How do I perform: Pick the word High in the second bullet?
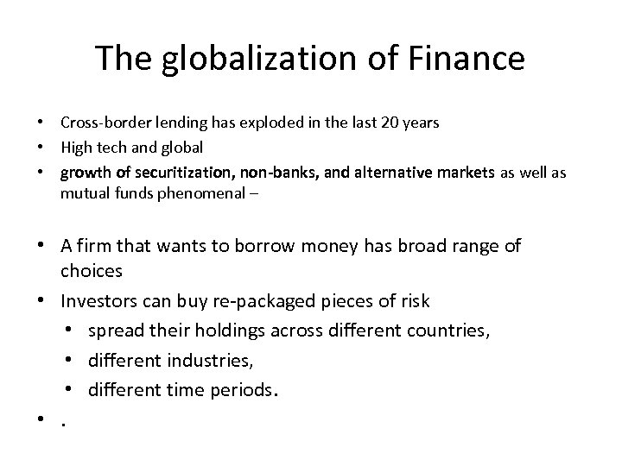pos(75,148)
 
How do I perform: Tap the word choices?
pos(92,271)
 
